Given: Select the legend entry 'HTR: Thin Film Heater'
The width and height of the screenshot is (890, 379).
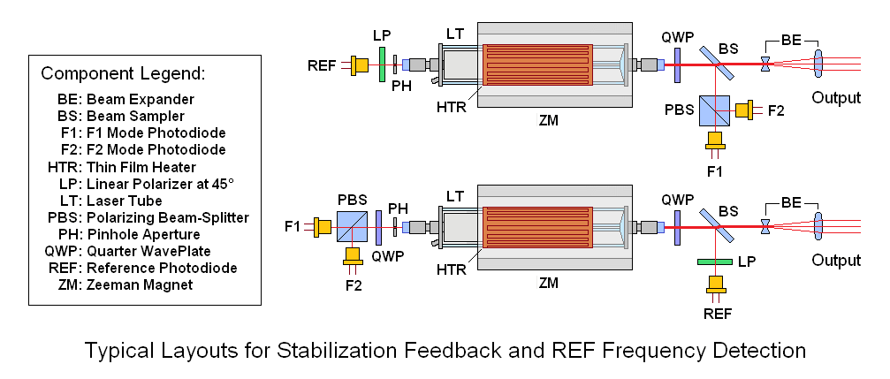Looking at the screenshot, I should (x=121, y=167).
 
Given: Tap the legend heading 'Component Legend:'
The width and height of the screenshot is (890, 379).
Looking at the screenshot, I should (x=123, y=72).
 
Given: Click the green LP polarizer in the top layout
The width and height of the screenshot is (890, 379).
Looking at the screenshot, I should (x=382, y=64).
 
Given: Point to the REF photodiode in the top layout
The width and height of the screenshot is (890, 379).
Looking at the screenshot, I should (x=360, y=64).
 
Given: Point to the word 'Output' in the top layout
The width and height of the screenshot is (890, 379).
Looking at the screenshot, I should (x=836, y=98).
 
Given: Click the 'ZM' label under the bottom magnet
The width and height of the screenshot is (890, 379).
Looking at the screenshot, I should (x=549, y=284).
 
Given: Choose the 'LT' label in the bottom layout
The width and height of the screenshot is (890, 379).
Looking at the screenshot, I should (x=454, y=194).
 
